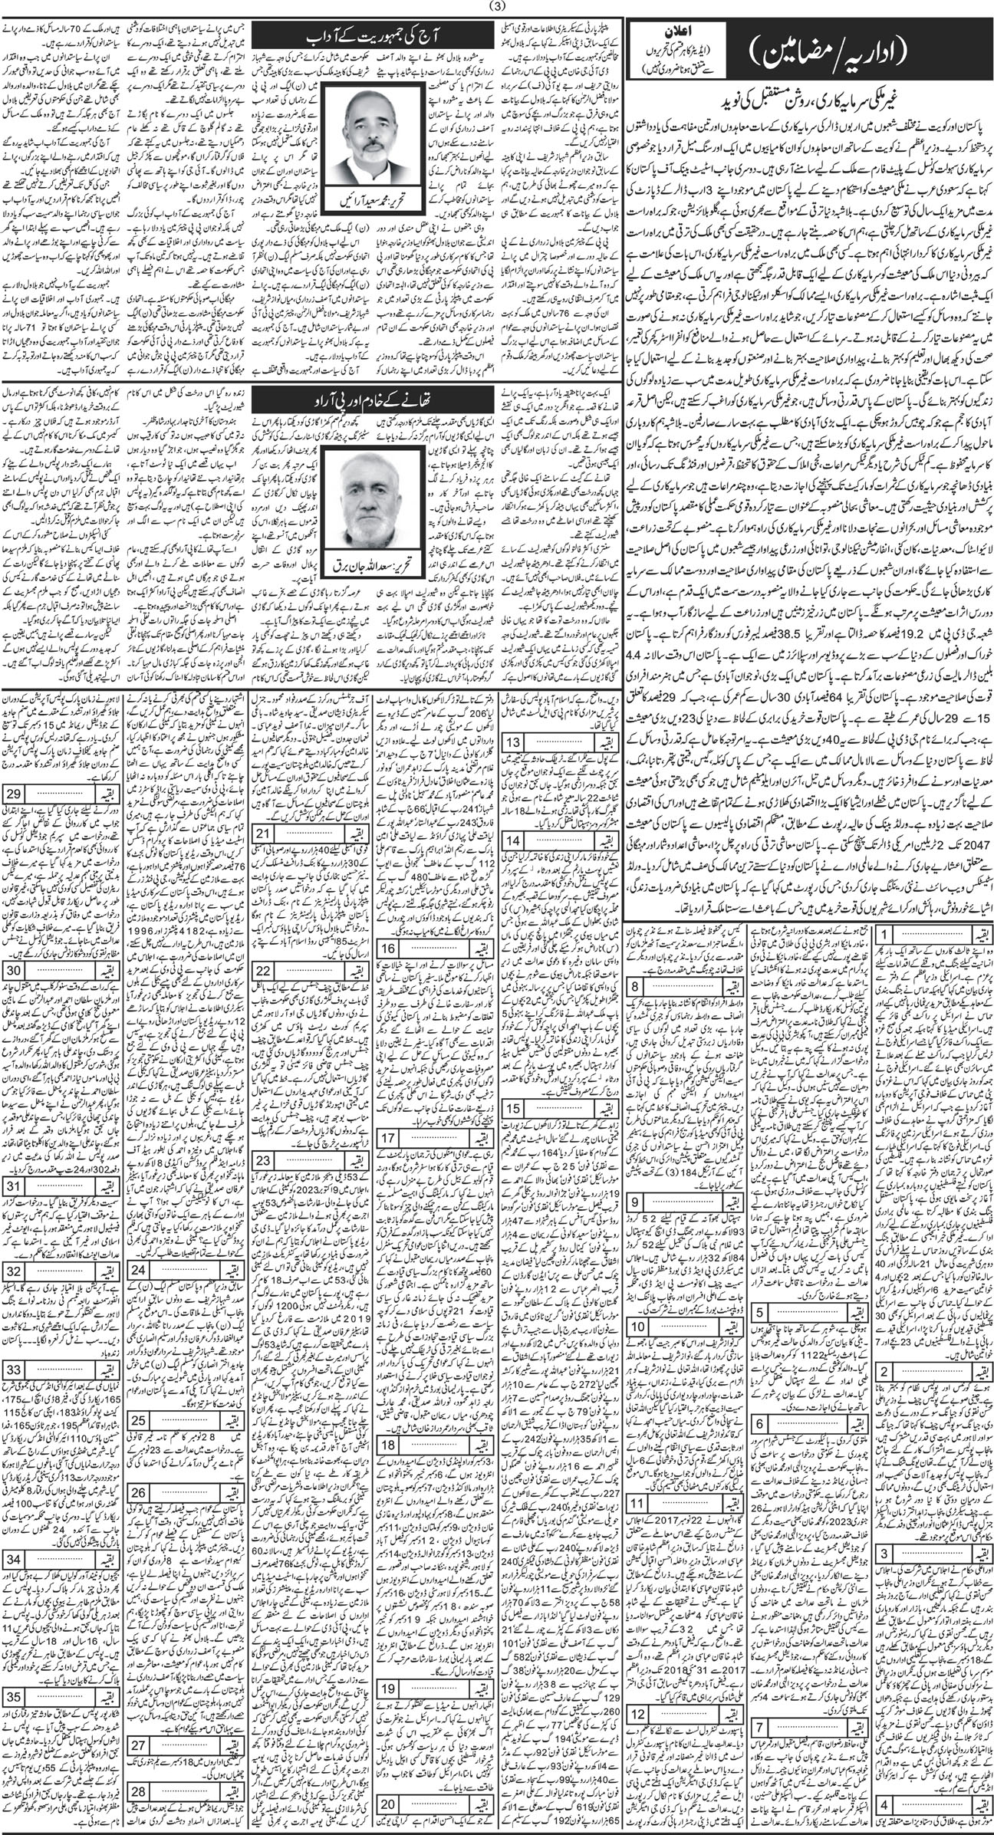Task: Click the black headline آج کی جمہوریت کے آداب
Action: pyautogui.click(x=375, y=35)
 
